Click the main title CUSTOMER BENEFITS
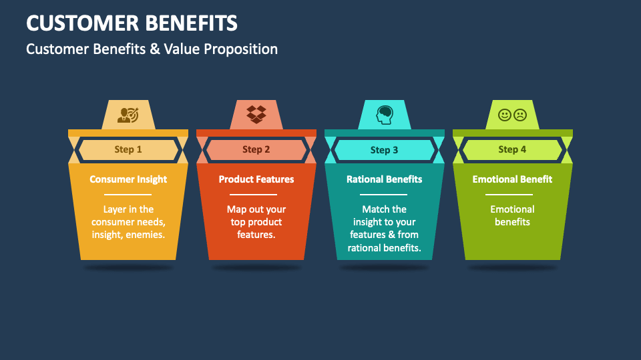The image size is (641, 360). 132,23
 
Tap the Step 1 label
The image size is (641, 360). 128,149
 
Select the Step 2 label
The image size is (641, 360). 256,149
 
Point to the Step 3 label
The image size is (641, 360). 385,150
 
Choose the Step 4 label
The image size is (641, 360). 512,149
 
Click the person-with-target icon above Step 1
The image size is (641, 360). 128,115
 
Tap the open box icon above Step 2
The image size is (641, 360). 256,114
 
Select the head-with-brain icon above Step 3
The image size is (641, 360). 385,115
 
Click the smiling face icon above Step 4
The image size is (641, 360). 505,115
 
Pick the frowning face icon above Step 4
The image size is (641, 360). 520,115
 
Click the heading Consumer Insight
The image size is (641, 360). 128,179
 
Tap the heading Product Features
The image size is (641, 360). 256,179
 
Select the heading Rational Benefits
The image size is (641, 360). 385,179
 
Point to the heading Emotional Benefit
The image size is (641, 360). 512,179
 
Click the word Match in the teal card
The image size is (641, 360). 375,209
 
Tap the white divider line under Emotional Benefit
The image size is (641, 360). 512,194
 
